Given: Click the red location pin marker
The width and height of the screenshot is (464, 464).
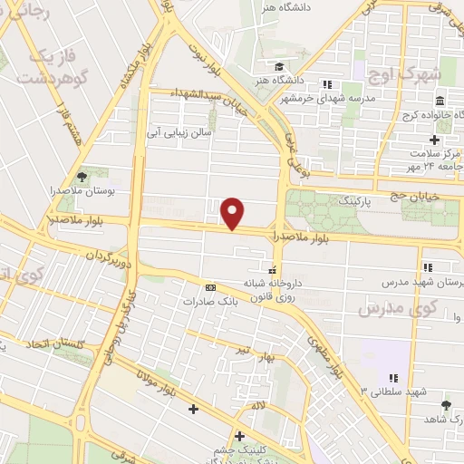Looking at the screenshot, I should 234,213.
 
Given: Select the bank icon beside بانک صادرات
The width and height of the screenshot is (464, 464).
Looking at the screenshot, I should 211,287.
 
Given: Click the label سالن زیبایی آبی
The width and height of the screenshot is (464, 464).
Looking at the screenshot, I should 179,133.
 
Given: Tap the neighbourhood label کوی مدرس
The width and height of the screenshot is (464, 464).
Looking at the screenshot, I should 397,308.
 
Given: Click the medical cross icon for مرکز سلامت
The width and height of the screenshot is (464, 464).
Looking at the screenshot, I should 434,140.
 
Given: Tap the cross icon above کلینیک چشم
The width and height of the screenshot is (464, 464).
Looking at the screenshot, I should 239,435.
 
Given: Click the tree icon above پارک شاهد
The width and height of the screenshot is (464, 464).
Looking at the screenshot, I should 445,404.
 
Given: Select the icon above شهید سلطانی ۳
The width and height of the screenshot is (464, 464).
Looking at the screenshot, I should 393,377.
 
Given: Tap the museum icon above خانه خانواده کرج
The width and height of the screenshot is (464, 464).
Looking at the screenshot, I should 439,101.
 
